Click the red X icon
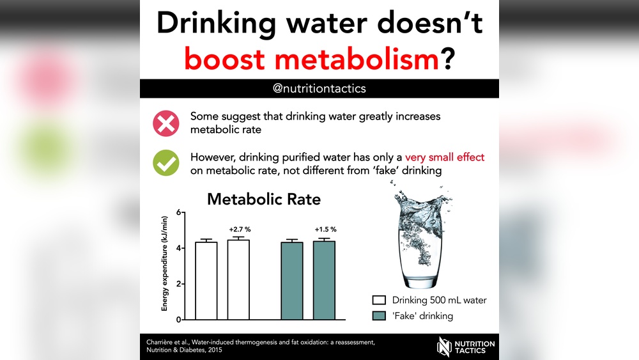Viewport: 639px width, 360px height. [x=166, y=123]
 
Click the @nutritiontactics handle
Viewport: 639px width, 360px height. [x=319, y=88]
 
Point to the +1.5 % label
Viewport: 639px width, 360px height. [x=325, y=230]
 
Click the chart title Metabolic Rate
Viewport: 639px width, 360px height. [x=264, y=200]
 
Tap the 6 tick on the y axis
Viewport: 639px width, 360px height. [x=179, y=212]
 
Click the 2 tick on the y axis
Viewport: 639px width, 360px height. [x=179, y=284]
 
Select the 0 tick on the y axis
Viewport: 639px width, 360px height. [x=179, y=319]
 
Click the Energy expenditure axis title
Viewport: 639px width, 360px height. [x=165, y=263]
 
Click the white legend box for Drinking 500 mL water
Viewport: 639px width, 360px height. [x=379, y=301]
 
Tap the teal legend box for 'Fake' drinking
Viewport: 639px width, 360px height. [x=379, y=315]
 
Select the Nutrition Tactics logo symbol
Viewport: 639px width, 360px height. [x=444, y=347]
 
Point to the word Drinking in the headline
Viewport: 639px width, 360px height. [x=217, y=24]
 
